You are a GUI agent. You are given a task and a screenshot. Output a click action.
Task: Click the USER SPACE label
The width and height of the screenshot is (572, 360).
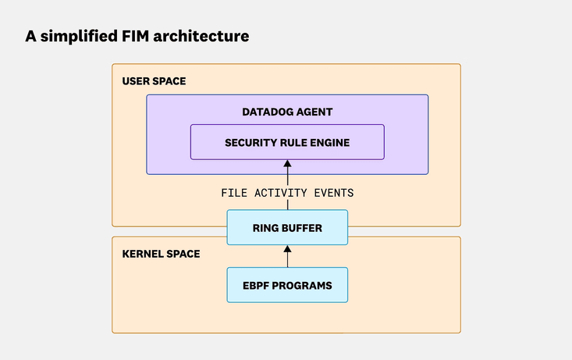(x=154, y=81)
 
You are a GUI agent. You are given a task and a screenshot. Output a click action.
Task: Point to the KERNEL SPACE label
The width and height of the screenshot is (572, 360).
(x=161, y=254)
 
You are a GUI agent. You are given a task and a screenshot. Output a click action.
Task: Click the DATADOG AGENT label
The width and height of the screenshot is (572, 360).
(x=287, y=112)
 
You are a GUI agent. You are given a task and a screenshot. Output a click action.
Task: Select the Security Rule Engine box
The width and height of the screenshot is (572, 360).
(x=287, y=142)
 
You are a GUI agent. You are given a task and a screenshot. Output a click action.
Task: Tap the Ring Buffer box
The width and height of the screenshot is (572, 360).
(x=287, y=228)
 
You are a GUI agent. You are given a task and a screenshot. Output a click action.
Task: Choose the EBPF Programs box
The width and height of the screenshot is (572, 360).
(x=287, y=285)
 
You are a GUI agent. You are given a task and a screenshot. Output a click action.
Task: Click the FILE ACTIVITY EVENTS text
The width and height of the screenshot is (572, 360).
(x=287, y=192)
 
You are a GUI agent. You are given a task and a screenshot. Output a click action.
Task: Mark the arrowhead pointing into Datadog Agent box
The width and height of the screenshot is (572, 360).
(x=287, y=165)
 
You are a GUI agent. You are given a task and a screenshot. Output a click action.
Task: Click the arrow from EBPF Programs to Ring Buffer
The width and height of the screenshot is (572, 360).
(x=287, y=256)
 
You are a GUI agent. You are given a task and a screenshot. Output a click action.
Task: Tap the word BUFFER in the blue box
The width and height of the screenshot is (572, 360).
(x=304, y=229)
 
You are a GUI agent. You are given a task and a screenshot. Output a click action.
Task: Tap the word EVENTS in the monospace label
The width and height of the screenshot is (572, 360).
(x=336, y=192)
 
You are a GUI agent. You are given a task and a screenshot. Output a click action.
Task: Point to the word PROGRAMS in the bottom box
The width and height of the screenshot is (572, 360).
(x=304, y=286)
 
